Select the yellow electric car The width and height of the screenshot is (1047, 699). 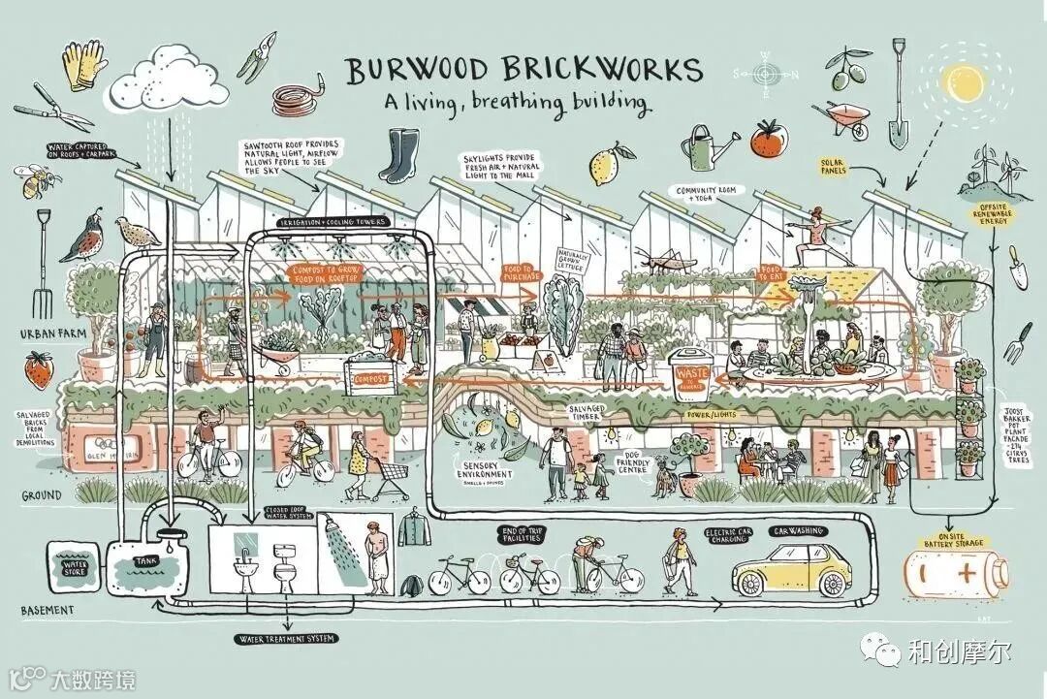790,571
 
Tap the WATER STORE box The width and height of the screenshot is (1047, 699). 75,563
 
